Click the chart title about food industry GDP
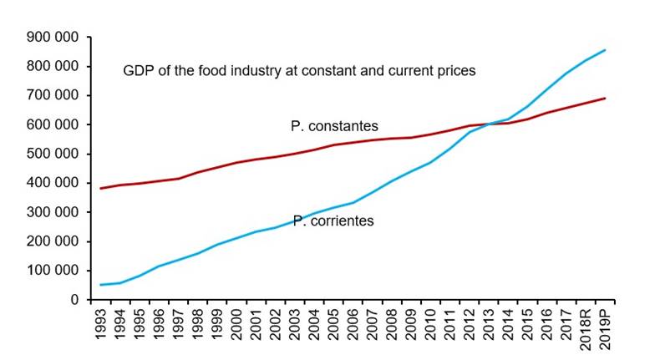click(x=299, y=71)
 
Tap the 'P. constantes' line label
click(x=334, y=126)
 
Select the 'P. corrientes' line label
click(x=332, y=221)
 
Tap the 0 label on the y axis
click(x=75, y=300)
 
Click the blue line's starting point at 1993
click(x=101, y=285)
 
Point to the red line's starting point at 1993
click(x=101, y=188)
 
